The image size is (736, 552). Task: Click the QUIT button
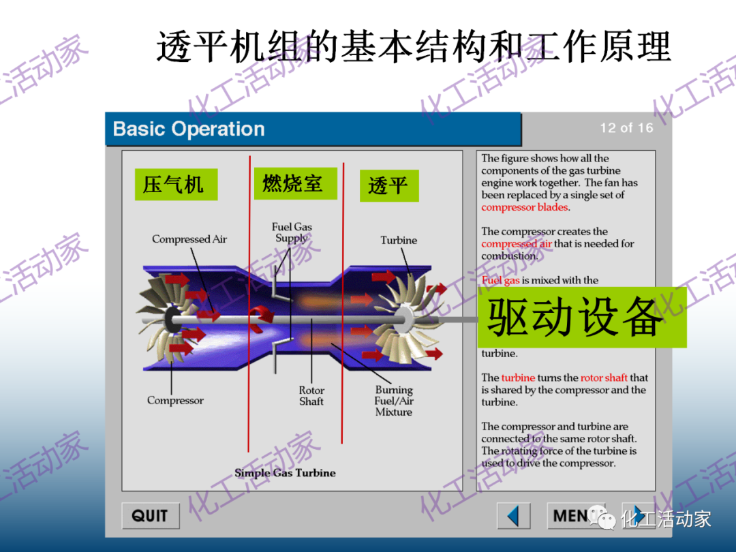[x=150, y=516]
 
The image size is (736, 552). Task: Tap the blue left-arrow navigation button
[x=514, y=516]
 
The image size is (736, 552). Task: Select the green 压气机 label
[x=175, y=184]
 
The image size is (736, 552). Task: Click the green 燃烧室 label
[x=294, y=183]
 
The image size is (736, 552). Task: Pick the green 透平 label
[x=388, y=185]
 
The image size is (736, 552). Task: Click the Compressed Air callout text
[x=189, y=239]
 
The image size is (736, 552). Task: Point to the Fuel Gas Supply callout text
[x=292, y=232]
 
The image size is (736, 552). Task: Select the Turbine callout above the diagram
[x=399, y=241]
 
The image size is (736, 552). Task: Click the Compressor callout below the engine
[x=175, y=401]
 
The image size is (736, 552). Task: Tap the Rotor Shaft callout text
[x=311, y=396]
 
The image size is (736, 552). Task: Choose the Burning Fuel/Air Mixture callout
[x=394, y=401]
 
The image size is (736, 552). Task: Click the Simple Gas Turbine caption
[x=285, y=473]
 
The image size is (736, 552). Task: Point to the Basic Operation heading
[x=189, y=129]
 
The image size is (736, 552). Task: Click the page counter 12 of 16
[x=626, y=128]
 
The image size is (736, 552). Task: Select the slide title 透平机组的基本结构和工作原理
[x=414, y=46]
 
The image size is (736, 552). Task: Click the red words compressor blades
[x=525, y=207]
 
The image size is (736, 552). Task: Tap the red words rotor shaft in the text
[x=604, y=378]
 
